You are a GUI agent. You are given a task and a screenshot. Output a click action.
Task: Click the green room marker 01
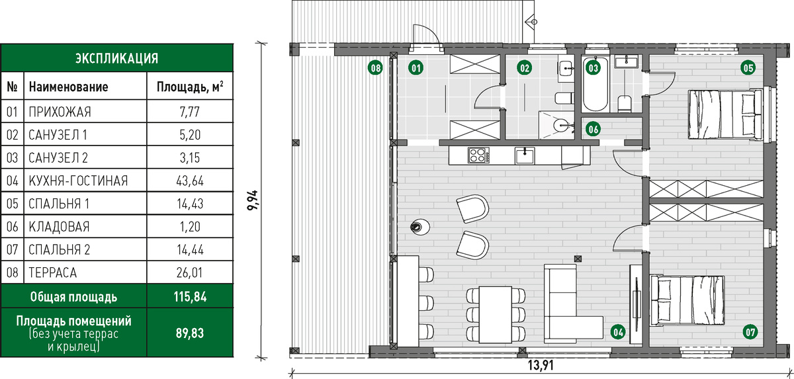pyautogui.click(x=416, y=67)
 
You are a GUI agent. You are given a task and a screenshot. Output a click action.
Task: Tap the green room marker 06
pyautogui.click(x=594, y=129)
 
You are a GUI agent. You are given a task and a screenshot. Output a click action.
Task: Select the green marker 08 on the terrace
pyautogui.click(x=375, y=67)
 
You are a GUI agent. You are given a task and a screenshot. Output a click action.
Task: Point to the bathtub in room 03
pyautogui.click(x=595, y=84)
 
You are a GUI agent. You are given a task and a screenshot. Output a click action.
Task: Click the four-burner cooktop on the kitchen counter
pyautogui.click(x=478, y=155)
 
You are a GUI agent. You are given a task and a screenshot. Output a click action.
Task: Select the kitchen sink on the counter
pyautogui.click(x=525, y=155)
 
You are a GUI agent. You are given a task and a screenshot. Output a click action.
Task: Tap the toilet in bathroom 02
pyautogui.click(x=564, y=98)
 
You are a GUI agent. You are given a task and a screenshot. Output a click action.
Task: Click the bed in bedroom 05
pyautogui.click(x=725, y=114)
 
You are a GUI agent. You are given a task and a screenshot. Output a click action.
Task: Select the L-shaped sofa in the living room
pyautogui.click(x=567, y=306)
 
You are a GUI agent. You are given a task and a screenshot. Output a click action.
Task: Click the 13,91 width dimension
pyautogui.click(x=541, y=365)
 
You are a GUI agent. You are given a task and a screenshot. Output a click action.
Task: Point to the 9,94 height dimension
pyautogui.click(x=253, y=201)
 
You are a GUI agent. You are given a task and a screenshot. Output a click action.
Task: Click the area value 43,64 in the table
pyautogui.click(x=190, y=181)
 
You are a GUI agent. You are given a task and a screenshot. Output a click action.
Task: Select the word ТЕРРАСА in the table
pyautogui.click(x=52, y=273)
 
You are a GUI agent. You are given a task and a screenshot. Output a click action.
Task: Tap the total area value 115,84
pyautogui.click(x=190, y=297)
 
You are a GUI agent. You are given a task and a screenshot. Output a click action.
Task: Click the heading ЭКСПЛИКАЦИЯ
pyautogui.click(x=116, y=58)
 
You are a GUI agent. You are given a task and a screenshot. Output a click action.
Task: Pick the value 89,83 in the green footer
pyautogui.click(x=190, y=333)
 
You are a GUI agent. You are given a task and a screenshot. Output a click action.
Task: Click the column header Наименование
pyautogui.click(x=68, y=87)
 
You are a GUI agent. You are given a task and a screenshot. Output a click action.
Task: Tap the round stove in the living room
pyautogui.click(x=420, y=227)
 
